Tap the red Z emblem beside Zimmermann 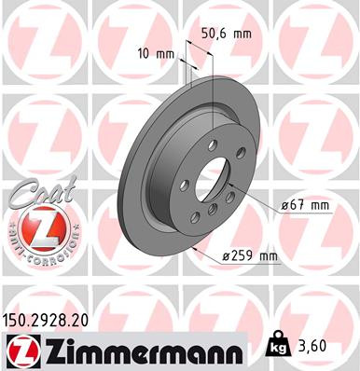pos(20,351)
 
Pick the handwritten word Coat pos(35,194)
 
